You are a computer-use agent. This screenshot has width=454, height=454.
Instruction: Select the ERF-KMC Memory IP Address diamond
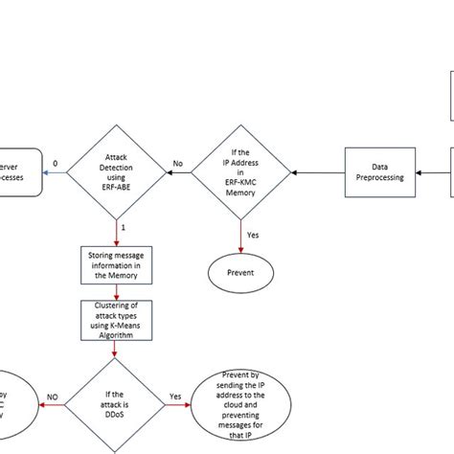(245, 170)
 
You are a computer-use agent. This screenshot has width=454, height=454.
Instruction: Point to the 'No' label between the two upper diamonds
(178, 164)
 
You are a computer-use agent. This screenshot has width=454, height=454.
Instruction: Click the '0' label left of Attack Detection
(55, 164)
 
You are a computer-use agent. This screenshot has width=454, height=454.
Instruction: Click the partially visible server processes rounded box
(19, 170)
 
